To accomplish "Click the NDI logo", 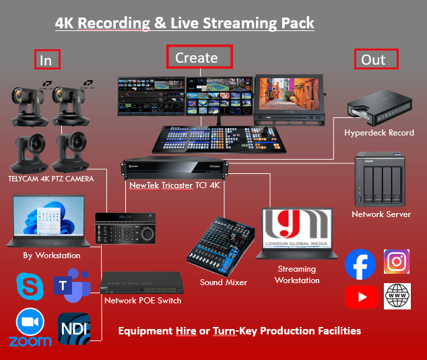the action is [74, 328].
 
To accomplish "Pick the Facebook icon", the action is [360, 264].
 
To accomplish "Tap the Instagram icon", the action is [397, 262].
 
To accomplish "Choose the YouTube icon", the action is [360, 297].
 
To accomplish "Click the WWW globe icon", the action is [397, 296].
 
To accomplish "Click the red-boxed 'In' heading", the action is [47, 59].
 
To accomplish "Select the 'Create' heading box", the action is [199, 57].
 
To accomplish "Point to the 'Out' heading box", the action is [376, 59].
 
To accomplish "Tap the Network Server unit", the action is [381, 181].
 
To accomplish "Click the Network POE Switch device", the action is [132, 282].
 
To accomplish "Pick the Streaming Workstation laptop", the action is [297, 233].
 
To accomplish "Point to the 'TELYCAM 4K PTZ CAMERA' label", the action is [51, 179].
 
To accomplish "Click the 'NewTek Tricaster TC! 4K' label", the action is [176, 184].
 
